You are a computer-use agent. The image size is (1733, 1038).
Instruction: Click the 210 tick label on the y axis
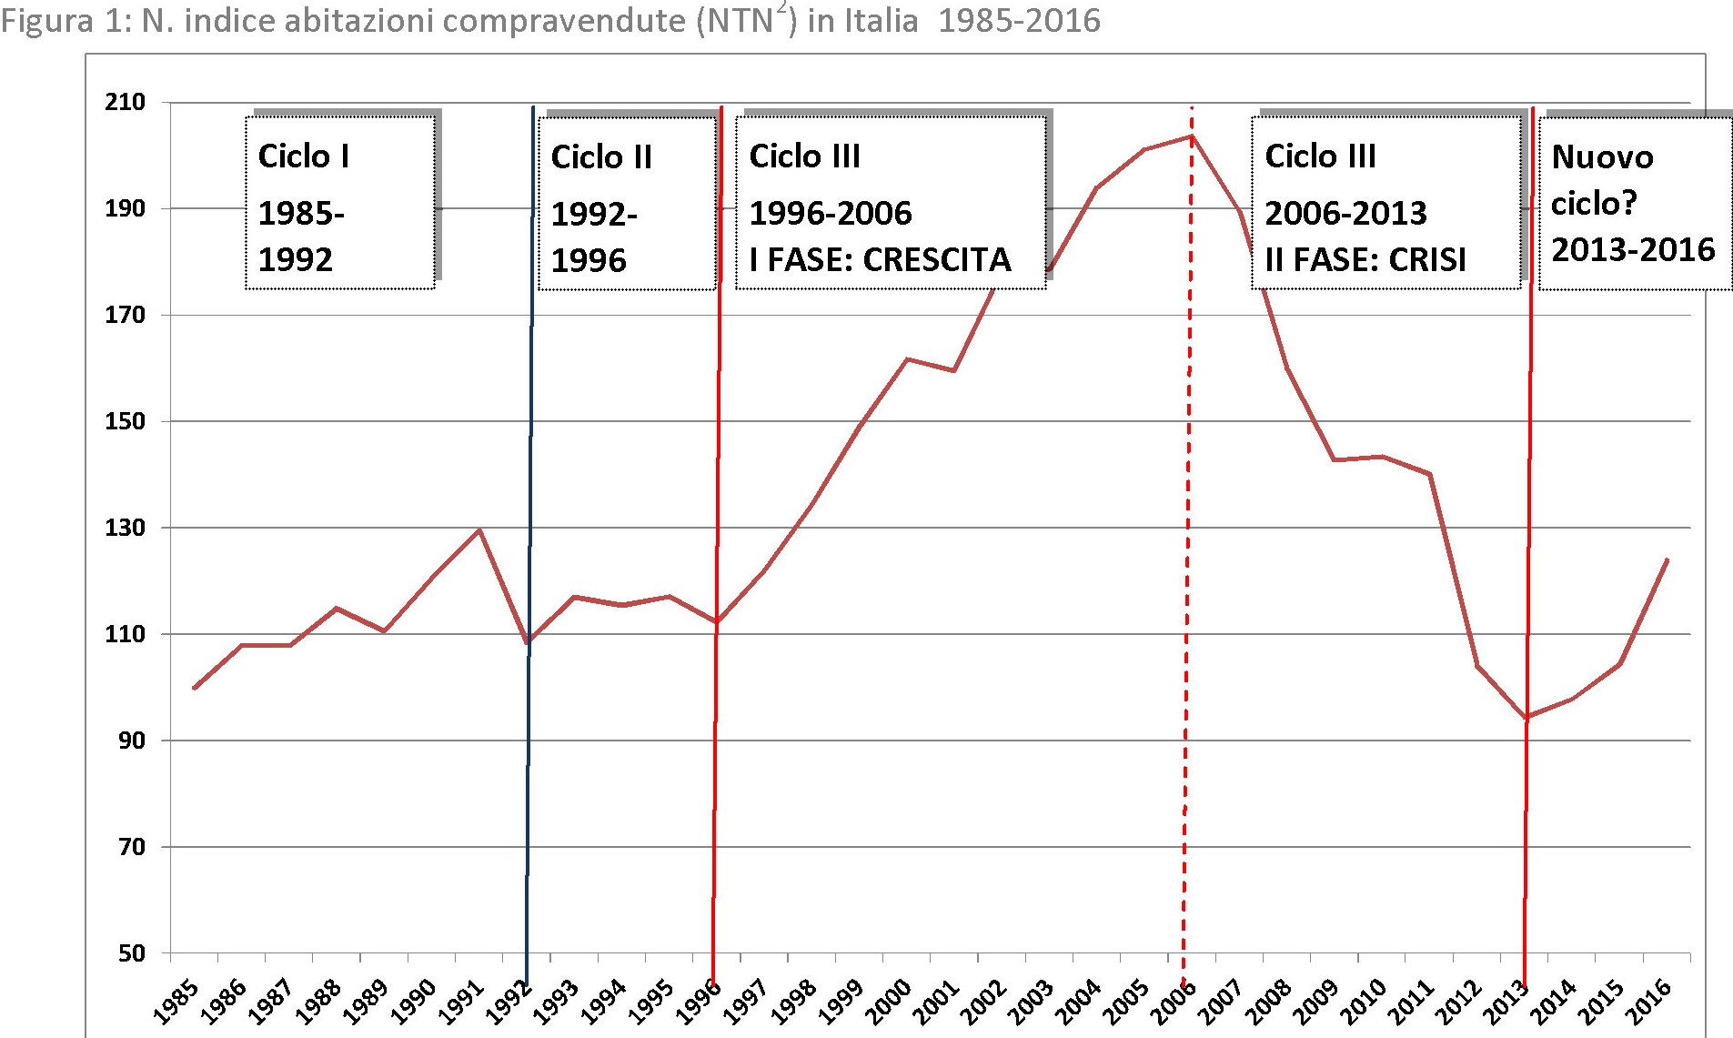pos(126,102)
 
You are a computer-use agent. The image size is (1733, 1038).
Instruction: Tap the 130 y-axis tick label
pos(126,528)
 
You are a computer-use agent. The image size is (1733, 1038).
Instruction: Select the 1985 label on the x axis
pos(175,1002)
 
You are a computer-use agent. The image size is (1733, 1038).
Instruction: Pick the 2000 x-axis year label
pos(888,1002)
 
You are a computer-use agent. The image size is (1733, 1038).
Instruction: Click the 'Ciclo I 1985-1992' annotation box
pos(339,203)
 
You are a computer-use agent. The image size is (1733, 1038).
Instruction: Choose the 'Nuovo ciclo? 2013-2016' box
pos(1634,203)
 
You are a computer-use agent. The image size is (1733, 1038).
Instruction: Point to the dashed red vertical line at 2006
pos(1187,546)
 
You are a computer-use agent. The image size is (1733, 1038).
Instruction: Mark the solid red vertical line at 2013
pos(1528,546)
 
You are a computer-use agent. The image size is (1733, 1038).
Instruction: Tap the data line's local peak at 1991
pos(479,529)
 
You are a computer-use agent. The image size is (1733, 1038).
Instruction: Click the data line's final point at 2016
pos(1667,559)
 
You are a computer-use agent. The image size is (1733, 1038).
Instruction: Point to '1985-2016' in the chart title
pos(1019,21)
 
